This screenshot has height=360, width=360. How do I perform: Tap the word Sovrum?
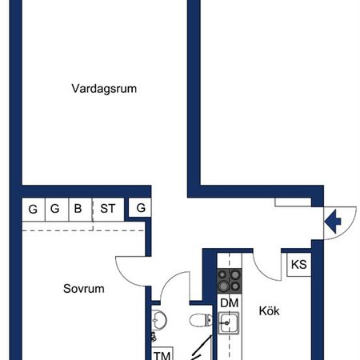tap(85, 288)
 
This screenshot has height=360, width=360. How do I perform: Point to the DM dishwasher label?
tap(230, 303)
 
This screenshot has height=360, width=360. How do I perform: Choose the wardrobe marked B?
tap(78, 210)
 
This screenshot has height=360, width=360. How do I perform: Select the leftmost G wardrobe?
tap(33, 210)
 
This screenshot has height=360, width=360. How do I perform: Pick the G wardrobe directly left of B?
tap(55, 210)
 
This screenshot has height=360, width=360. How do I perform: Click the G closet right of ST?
tap(141, 209)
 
